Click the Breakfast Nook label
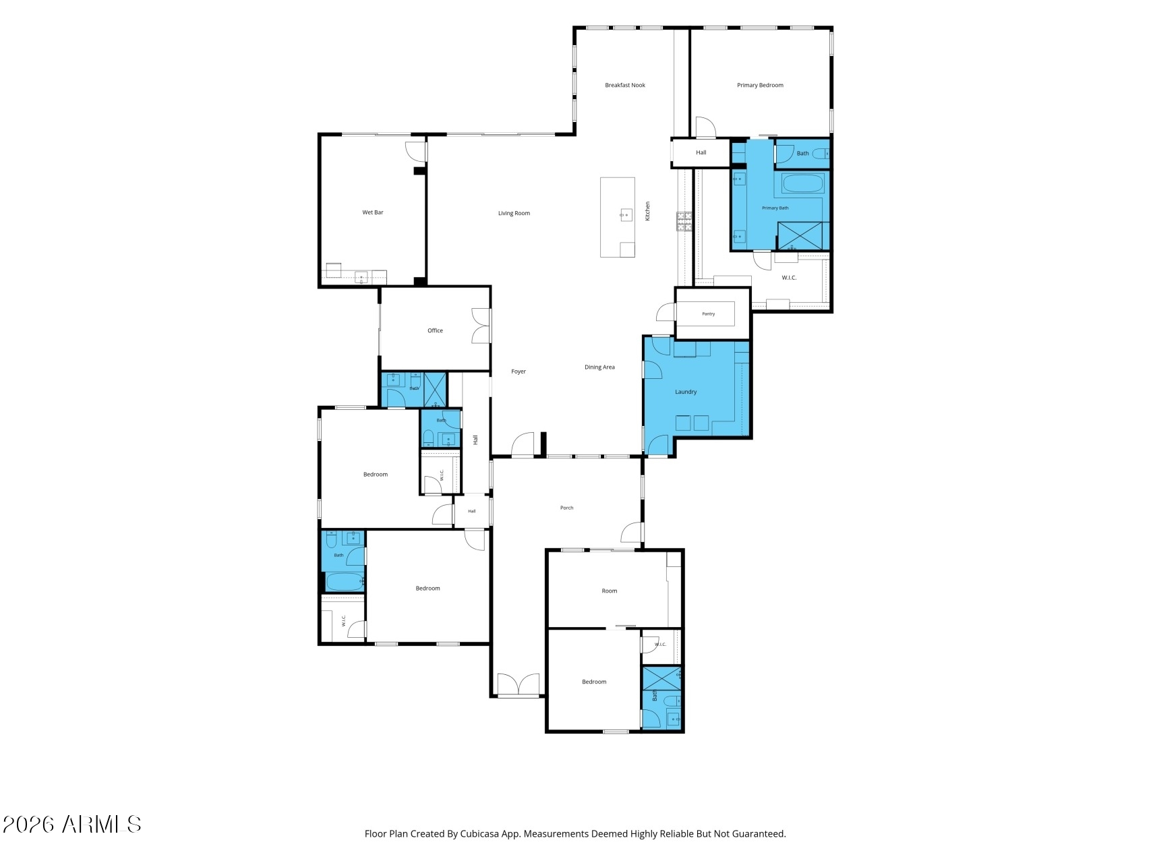pyautogui.click(x=625, y=85)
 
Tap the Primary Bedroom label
pyautogui.click(x=760, y=85)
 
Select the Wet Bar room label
pyautogui.click(x=373, y=212)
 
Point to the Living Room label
pyautogui.click(x=514, y=213)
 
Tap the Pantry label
pyautogui.click(x=708, y=314)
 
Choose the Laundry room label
pyautogui.click(x=686, y=392)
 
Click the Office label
pyautogui.click(x=435, y=330)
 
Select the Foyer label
pyautogui.click(x=518, y=371)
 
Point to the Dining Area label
pyautogui.click(x=599, y=367)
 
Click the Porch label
pyautogui.click(x=566, y=508)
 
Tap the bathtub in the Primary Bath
pyautogui.click(x=802, y=183)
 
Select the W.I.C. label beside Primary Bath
pyautogui.click(x=789, y=278)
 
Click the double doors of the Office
pyautogui.click(x=481, y=326)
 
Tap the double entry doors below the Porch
pyautogui.click(x=518, y=684)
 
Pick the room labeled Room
pyautogui.click(x=609, y=591)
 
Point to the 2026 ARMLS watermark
pyautogui.click(x=72, y=824)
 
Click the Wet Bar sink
pyautogui.click(x=361, y=276)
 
